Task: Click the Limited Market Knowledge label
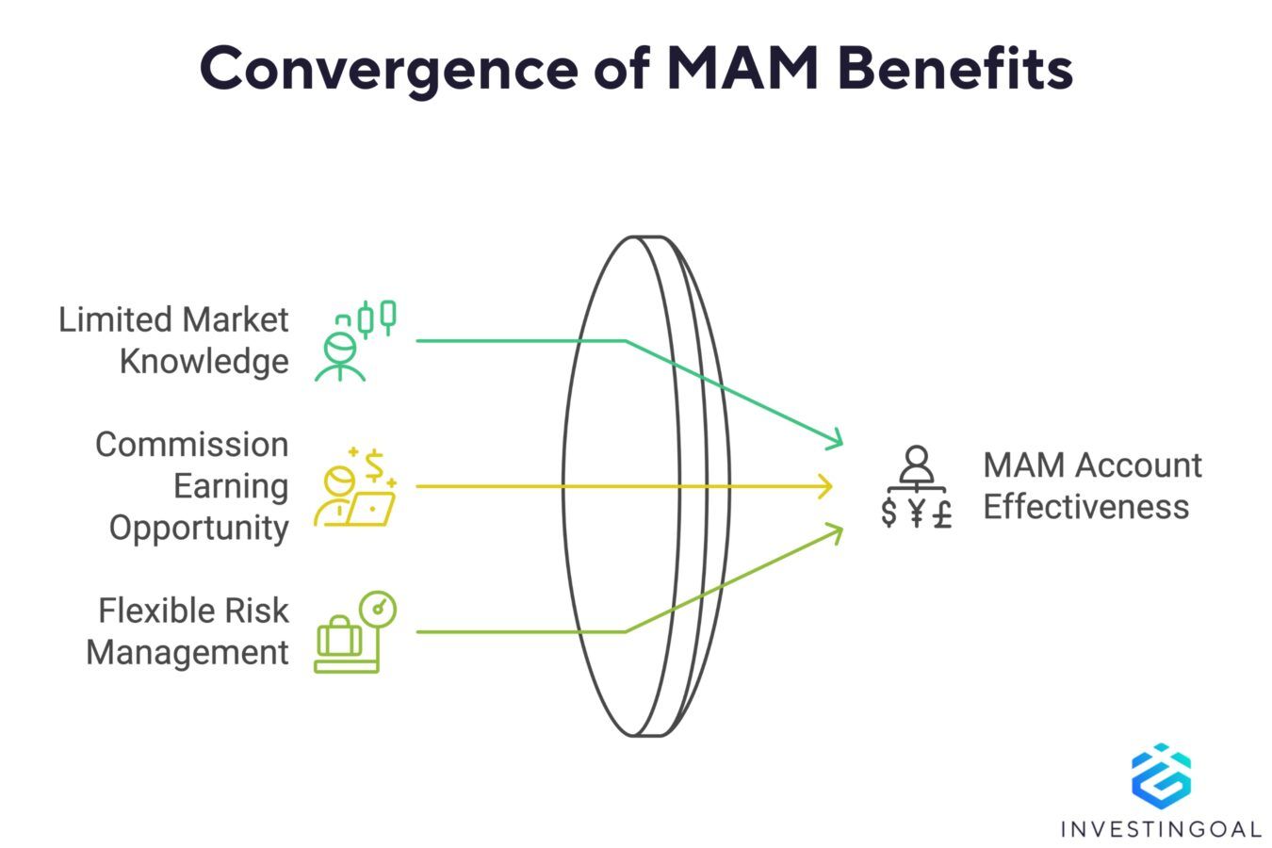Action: (x=174, y=340)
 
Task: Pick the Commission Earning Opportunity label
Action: (x=192, y=485)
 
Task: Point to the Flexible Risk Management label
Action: (x=188, y=631)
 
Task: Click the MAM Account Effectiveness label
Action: (x=1092, y=485)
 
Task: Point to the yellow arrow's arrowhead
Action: (x=826, y=486)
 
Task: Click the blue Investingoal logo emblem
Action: (x=1160, y=776)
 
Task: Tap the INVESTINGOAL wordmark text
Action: (x=1160, y=829)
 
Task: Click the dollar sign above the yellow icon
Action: (x=375, y=465)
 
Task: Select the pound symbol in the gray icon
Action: (x=941, y=514)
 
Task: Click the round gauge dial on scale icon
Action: (x=379, y=609)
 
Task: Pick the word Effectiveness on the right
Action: (x=1085, y=507)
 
